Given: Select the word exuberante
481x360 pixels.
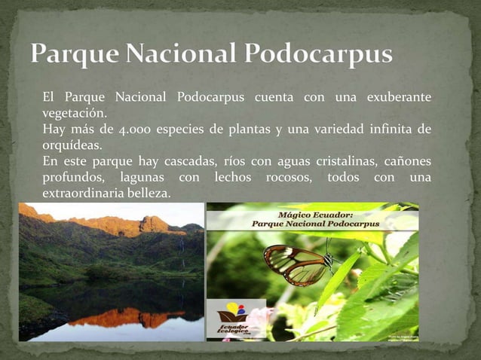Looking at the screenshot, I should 399,98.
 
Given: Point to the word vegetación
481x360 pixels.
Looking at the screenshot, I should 74,113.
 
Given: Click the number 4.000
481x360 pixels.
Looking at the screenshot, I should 126,130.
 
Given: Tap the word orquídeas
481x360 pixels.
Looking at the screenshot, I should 72,145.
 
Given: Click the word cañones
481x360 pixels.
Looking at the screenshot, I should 407,161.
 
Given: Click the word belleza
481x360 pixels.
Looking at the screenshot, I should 149,194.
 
